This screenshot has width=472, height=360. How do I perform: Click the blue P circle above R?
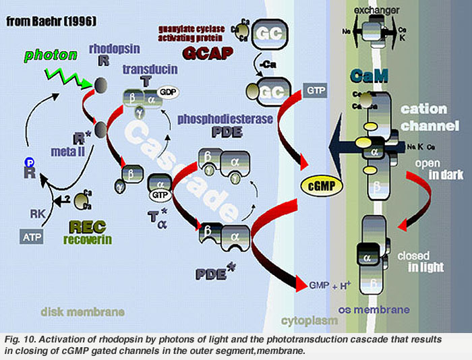click(29, 162)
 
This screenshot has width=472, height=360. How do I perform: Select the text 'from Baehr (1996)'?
click(51, 22)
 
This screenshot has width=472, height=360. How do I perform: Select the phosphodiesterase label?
click(216, 119)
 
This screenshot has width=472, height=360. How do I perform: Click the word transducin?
click(146, 69)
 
